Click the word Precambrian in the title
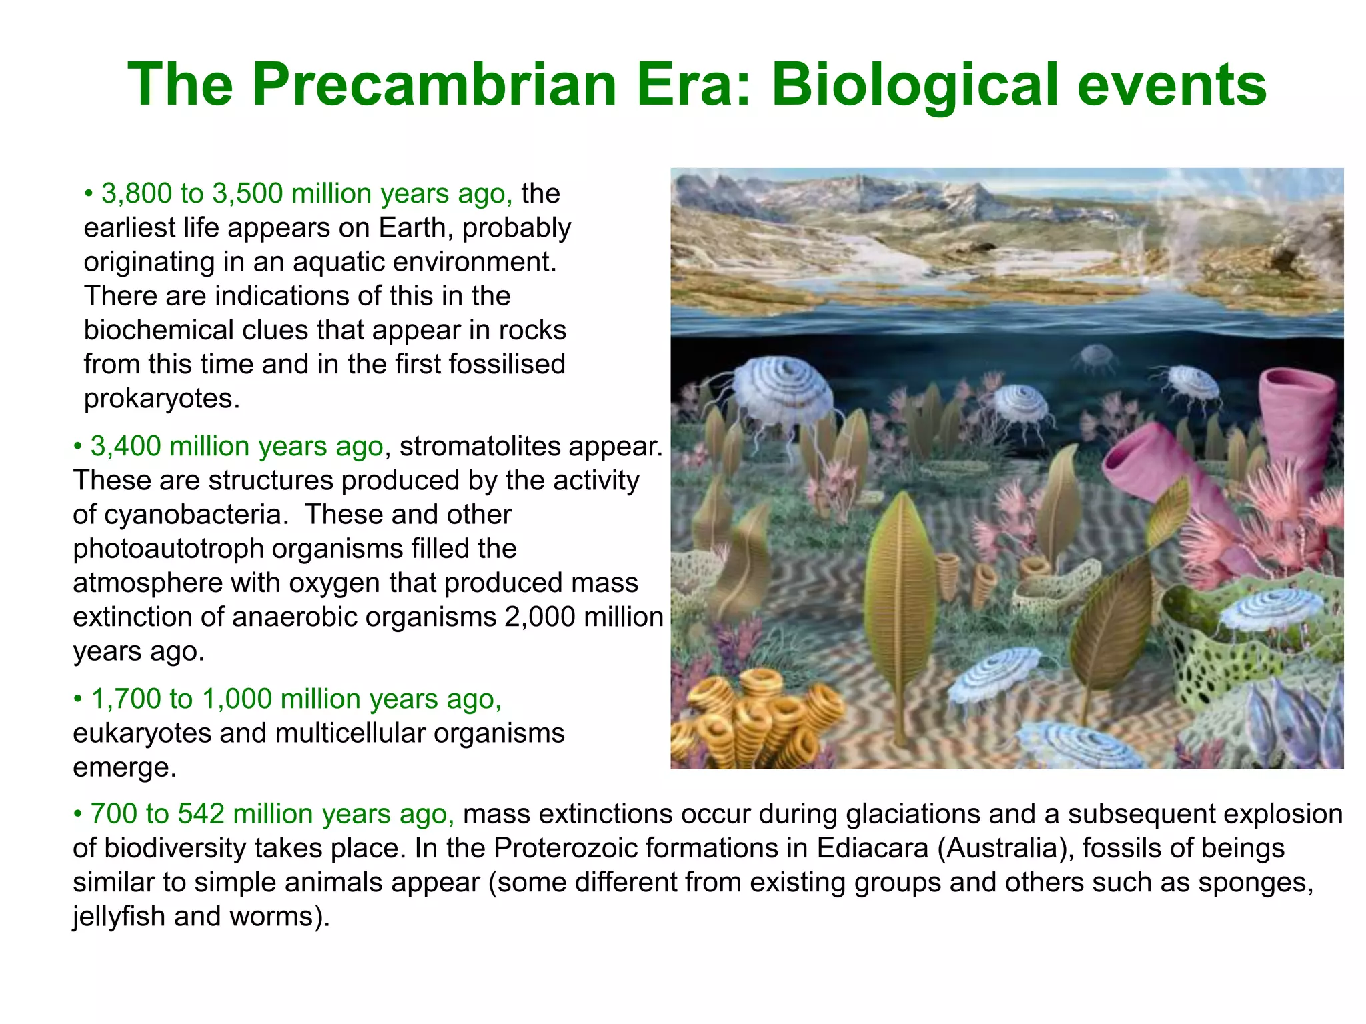click(434, 85)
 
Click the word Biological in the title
click(915, 85)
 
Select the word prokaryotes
click(161, 399)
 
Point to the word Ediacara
click(872, 848)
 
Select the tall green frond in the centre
click(902, 600)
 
